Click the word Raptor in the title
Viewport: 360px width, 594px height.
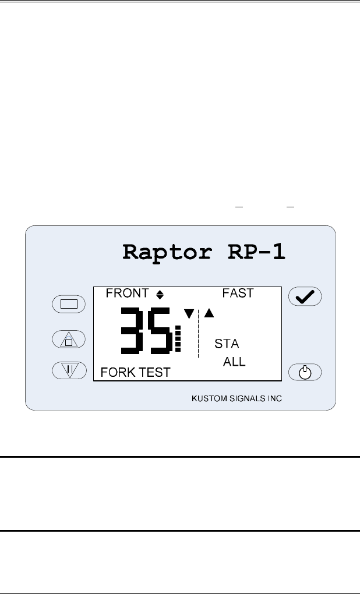pyautogui.click(x=158, y=252)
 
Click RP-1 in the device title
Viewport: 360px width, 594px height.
pyautogui.click(x=253, y=252)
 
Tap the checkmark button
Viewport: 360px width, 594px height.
pyautogui.click(x=305, y=297)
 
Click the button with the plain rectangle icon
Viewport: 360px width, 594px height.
pyautogui.click(x=69, y=303)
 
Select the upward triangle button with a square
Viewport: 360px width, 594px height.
pyautogui.click(x=69, y=339)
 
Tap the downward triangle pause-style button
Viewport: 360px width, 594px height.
pyautogui.click(x=69, y=370)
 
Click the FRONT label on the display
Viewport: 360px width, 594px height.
pyautogui.click(x=128, y=293)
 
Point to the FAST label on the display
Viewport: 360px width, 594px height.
pyautogui.click(x=238, y=293)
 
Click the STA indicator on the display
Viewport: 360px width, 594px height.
pyautogui.click(x=227, y=344)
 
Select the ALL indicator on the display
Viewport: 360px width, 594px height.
pyautogui.click(x=235, y=362)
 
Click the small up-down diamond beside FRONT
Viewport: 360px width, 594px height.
pyautogui.click(x=160, y=295)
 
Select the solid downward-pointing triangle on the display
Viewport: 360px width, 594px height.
pyautogui.click(x=189, y=314)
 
